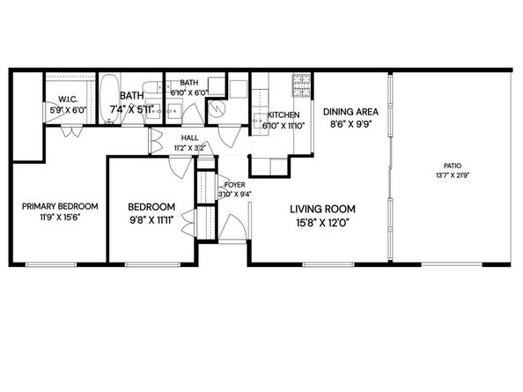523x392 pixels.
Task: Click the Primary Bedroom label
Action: pyautogui.click(x=60, y=206)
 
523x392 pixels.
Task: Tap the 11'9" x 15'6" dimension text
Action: pyautogui.click(x=60, y=218)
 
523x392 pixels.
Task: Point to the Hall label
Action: pyautogui.click(x=190, y=138)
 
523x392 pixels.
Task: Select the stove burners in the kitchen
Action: pyautogui.click(x=301, y=85)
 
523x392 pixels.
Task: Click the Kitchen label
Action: pyautogui.click(x=284, y=115)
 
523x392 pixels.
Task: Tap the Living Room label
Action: pyautogui.click(x=323, y=209)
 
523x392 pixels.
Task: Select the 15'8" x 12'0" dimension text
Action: pyautogui.click(x=323, y=222)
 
